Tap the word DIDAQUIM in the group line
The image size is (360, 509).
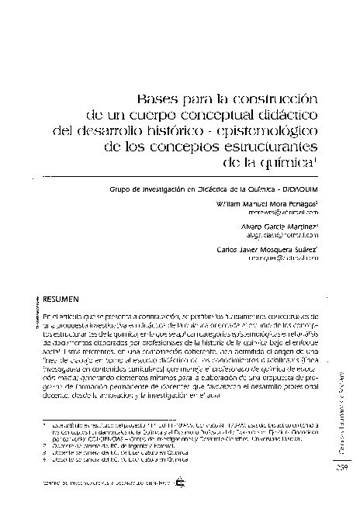coord(298,189)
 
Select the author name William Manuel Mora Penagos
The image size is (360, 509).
coord(265,203)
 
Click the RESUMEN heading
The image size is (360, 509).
coord(59,297)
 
